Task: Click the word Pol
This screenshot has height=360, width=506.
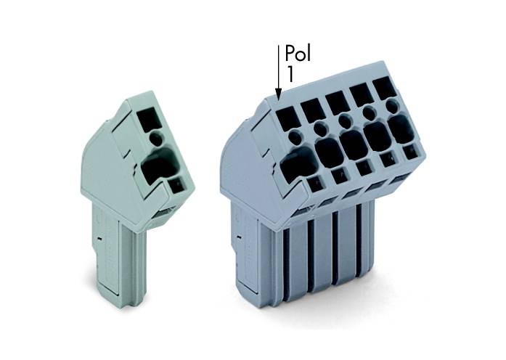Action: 299,54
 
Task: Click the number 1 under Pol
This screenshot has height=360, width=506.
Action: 290,73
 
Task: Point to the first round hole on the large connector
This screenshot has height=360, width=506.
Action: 294,136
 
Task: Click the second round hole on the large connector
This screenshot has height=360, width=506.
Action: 320,130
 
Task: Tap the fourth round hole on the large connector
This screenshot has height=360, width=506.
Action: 369,114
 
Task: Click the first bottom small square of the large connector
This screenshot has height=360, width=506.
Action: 316,185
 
